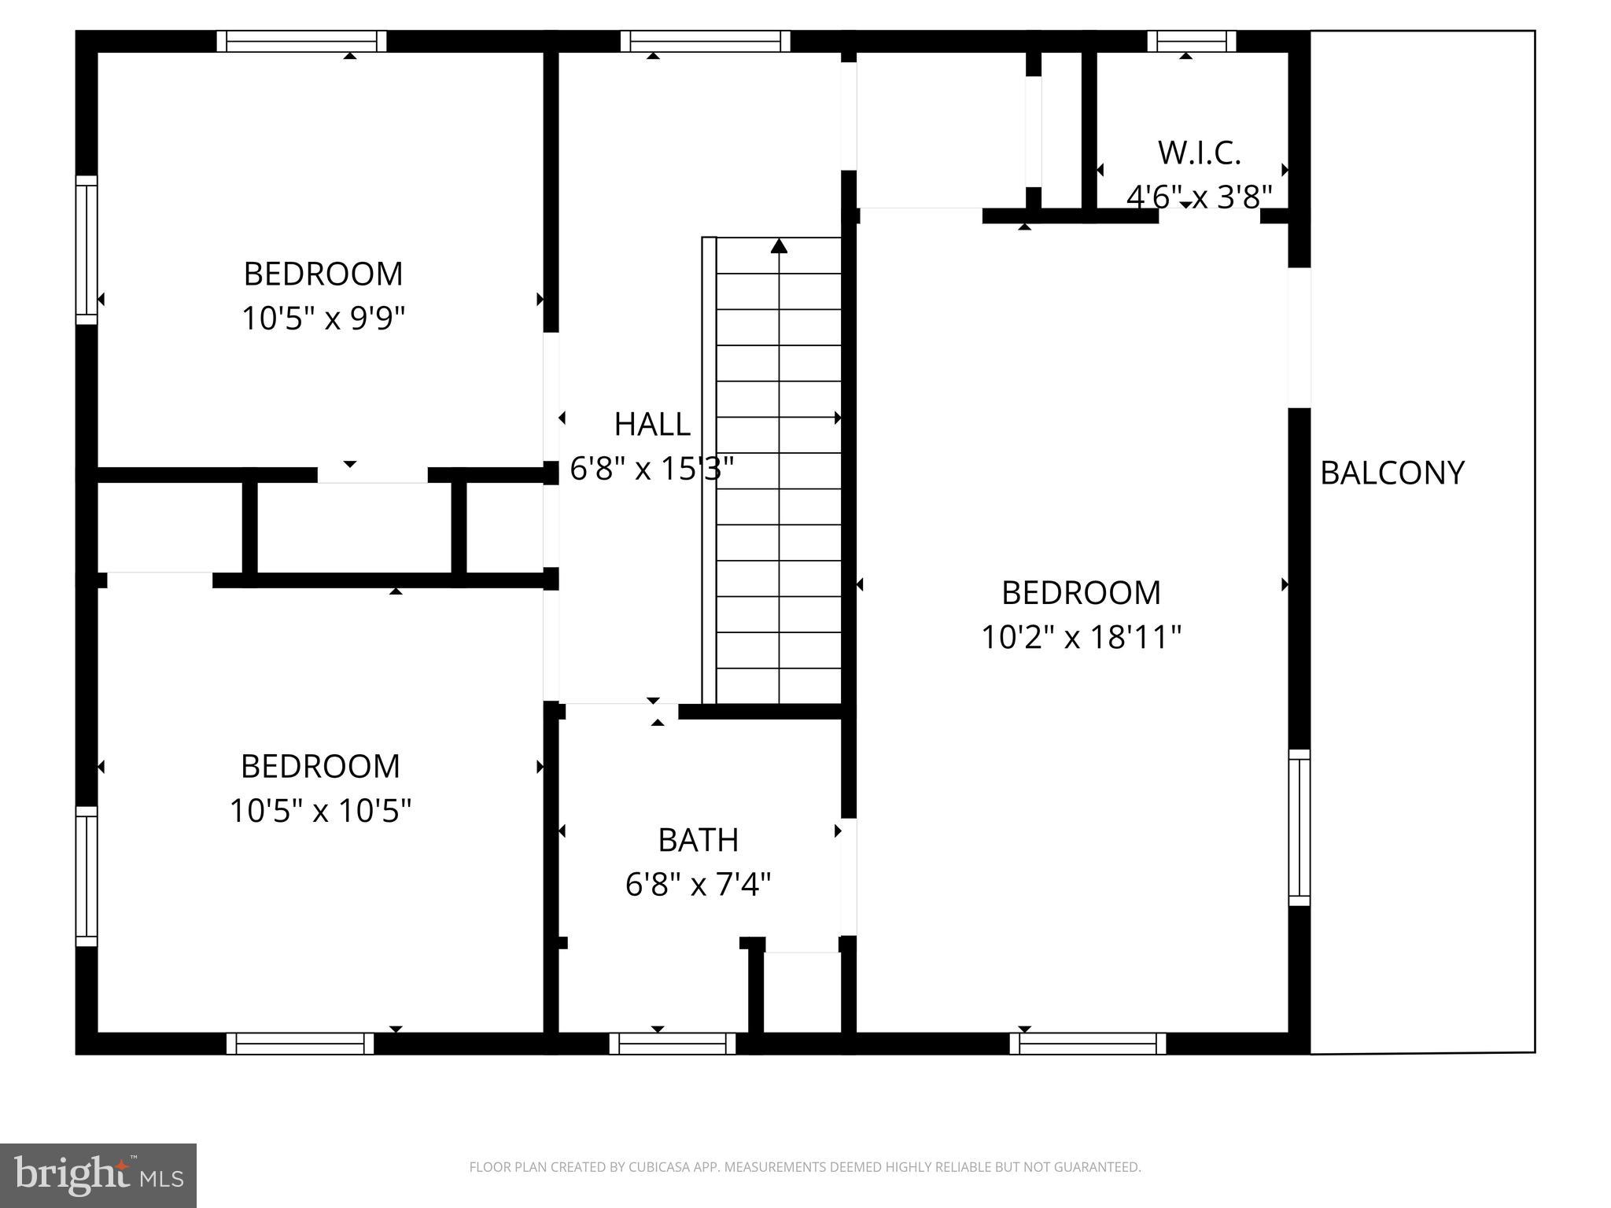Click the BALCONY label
tap(1392, 473)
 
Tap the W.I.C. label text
tap(1199, 153)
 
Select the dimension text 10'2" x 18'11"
tap(1081, 637)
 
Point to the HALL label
tap(651, 425)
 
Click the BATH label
tap(698, 840)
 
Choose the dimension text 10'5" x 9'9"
tap(323, 319)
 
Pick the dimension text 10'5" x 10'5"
tap(320, 810)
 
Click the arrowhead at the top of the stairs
tap(779, 246)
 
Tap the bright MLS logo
tap(98, 1175)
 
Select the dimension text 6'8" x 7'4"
tap(698, 885)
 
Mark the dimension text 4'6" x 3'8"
tap(1199, 197)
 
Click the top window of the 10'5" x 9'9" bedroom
tap(301, 41)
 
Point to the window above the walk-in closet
tap(1191, 41)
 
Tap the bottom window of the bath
tap(672, 1044)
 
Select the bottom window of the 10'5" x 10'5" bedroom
tap(300, 1044)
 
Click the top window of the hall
tap(705, 41)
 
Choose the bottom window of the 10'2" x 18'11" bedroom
tap(1087, 1044)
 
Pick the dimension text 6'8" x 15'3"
tap(651, 470)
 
